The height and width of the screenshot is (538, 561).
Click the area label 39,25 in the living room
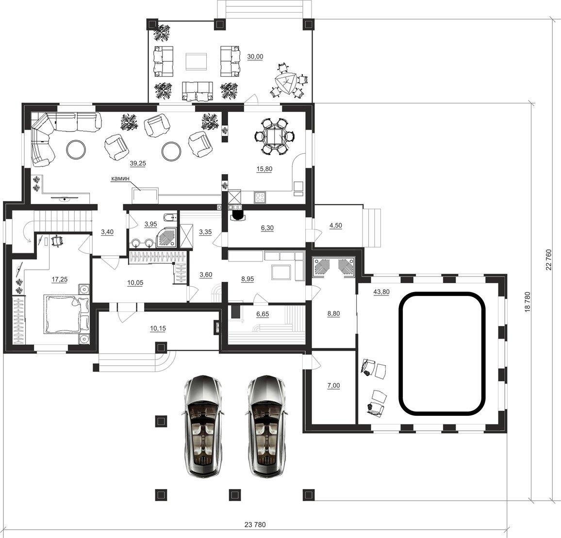[x=138, y=163]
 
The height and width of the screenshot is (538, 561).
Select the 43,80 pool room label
[x=381, y=292]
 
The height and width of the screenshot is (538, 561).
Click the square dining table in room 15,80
[x=275, y=136]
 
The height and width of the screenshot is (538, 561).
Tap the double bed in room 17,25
[x=66, y=314]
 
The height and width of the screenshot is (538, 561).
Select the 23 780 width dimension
[x=255, y=525]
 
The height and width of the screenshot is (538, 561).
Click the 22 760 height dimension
[x=549, y=260]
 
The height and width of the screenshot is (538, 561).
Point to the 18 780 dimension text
[x=527, y=302]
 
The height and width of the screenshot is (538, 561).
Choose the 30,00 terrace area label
[x=255, y=57]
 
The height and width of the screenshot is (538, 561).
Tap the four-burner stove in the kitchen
[x=260, y=197]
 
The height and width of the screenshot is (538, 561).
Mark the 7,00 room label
[x=333, y=386]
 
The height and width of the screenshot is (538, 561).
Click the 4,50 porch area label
[x=336, y=226]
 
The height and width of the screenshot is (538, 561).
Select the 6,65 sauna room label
[x=262, y=314]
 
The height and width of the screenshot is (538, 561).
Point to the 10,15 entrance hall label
[x=157, y=328]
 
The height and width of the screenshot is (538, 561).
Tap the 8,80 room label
[x=333, y=314]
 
